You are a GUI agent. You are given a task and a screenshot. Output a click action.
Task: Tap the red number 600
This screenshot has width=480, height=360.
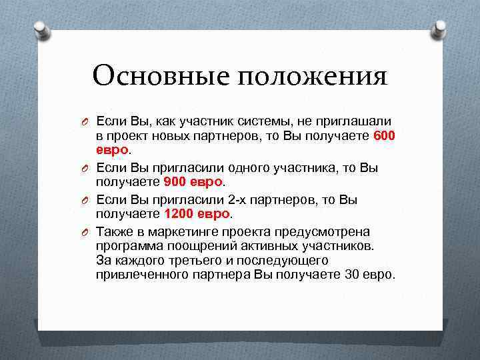[385, 135]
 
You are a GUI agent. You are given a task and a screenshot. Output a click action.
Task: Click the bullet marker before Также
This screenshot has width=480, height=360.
[86, 232]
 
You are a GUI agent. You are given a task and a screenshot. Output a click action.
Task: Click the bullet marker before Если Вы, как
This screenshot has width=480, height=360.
[86, 121]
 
